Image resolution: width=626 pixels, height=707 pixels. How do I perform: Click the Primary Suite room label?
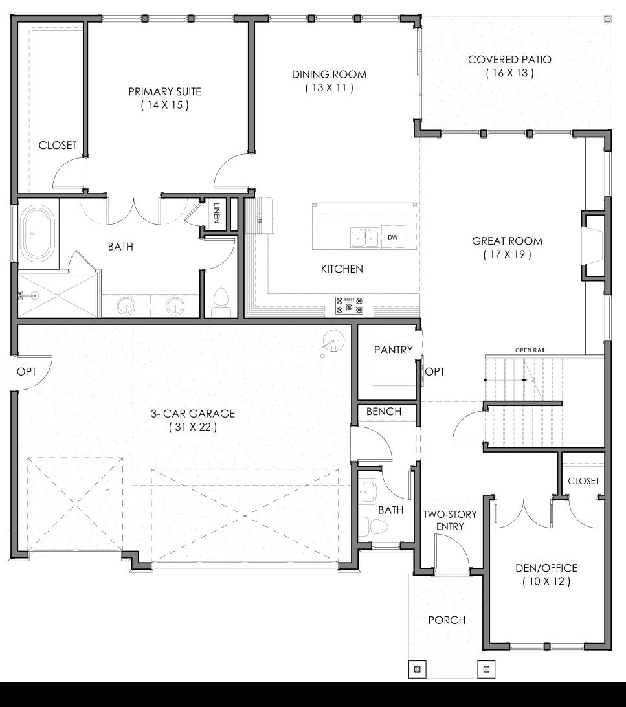click(x=164, y=91)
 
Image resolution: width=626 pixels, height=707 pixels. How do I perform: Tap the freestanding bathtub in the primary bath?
click(x=38, y=234)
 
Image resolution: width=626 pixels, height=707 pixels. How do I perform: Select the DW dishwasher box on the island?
click(x=392, y=237)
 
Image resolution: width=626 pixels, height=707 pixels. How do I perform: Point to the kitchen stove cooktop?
click(x=349, y=305)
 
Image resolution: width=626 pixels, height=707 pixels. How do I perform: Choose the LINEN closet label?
click(x=217, y=213)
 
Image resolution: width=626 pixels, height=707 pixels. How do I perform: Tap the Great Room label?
click(x=507, y=241)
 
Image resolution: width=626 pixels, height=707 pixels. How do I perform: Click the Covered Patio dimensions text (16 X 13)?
click(x=509, y=73)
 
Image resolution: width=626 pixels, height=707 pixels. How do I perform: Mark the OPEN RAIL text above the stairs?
click(x=530, y=350)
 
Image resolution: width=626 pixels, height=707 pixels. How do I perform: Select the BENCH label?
click(x=383, y=411)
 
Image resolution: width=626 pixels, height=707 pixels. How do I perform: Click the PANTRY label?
click(x=394, y=350)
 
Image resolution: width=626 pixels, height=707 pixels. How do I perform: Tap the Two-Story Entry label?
click(x=450, y=520)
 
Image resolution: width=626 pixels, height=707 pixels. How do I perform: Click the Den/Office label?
click(x=546, y=568)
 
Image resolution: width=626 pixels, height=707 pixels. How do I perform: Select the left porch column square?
click(x=418, y=669)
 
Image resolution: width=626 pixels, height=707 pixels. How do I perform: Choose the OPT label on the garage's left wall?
click(x=26, y=372)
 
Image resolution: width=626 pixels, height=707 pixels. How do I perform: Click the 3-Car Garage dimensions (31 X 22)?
click(x=193, y=427)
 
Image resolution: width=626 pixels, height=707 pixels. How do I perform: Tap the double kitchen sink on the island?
click(x=365, y=238)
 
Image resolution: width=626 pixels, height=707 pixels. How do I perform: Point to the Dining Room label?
click(x=329, y=74)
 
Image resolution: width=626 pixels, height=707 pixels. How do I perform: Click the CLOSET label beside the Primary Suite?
click(x=57, y=145)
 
